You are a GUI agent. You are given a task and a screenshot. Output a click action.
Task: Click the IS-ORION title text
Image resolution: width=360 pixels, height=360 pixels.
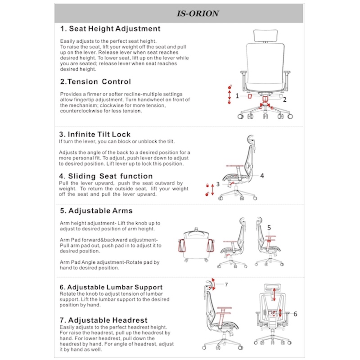[x=198, y=13]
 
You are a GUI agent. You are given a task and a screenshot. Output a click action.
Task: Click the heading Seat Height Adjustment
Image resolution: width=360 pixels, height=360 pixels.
[x=110, y=29]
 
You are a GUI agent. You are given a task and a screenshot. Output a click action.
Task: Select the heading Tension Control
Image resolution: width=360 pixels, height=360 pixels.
[x=95, y=82]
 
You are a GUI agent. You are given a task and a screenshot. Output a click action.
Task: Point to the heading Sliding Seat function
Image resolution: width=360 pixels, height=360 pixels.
[x=106, y=176]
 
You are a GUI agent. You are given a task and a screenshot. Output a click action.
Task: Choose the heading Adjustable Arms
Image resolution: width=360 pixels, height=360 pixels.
[x=96, y=211]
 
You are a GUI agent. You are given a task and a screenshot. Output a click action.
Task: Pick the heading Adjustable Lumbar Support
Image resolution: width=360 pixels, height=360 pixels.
[x=111, y=287]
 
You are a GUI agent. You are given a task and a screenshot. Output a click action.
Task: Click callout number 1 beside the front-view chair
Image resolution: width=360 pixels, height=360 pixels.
[x=237, y=96]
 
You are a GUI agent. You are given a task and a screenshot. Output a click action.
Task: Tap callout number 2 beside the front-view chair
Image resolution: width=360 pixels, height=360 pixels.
[x=284, y=99]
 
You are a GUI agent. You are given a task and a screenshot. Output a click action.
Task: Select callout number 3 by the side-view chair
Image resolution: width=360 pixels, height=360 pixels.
[x=218, y=184]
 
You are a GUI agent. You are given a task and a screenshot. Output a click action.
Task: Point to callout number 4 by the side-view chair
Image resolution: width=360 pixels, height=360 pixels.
[x=262, y=176]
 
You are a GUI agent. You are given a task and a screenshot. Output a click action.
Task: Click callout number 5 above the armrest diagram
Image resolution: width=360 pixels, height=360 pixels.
[x=269, y=228]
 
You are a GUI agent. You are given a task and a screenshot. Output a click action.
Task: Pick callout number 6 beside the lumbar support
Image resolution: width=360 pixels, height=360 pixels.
[x=295, y=314]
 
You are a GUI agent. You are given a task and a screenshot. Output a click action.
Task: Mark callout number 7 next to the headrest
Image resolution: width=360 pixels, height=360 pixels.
[x=226, y=284]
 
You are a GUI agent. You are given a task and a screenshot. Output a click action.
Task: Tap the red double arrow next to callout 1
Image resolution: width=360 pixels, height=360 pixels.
[x=229, y=96]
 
